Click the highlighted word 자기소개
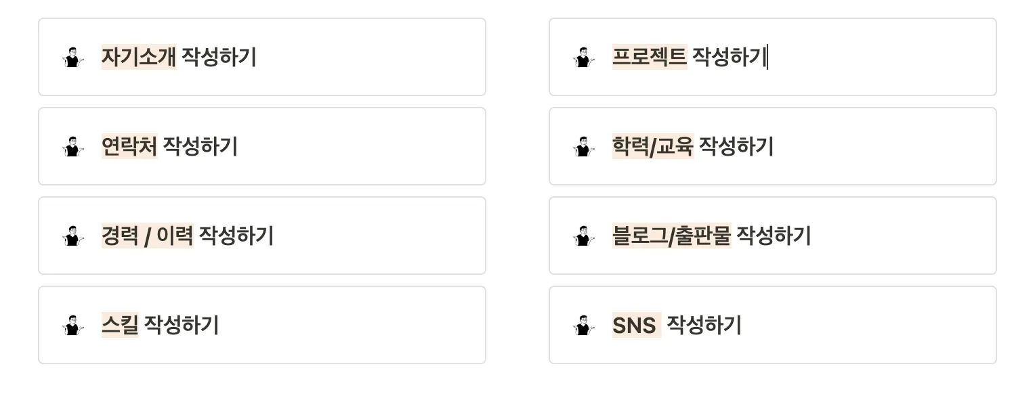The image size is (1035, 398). point(139,57)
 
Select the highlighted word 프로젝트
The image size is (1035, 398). point(650,57)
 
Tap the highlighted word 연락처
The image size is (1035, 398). point(129,146)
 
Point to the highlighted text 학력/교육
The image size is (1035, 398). point(653,146)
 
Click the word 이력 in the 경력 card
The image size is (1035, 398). point(175,236)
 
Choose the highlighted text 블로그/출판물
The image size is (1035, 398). point(671,236)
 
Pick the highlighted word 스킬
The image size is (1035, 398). point(120,325)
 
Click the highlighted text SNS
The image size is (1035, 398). point(635,326)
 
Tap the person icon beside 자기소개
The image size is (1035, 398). point(73,58)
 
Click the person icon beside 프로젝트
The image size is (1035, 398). point(584,58)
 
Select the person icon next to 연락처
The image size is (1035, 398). point(73,147)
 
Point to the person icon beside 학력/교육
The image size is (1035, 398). point(584,147)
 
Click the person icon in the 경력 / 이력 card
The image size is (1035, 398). point(73,236)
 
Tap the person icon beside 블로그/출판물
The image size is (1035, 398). point(584,236)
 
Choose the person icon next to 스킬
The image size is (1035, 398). point(73,326)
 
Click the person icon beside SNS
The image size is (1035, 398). point(584,326)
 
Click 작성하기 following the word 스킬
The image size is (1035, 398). point(182,325)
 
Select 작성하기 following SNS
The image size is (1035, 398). point(704,325)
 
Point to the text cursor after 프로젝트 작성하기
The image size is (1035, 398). point(767,58)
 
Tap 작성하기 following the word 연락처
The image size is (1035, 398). point(200,146)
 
